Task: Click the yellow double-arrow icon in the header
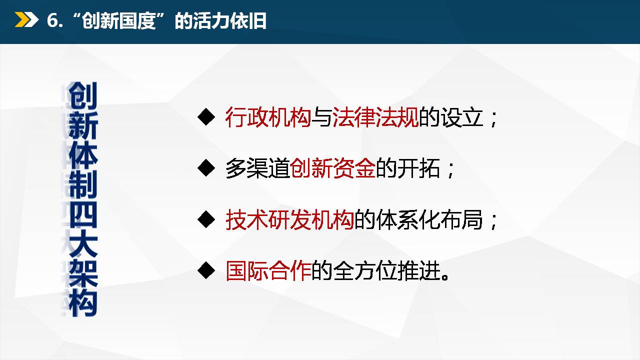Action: [26, 19]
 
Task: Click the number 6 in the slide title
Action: [52, 20]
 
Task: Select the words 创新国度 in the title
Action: [119, 21]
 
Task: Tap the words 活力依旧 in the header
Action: [229, 21]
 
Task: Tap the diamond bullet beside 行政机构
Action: [206, 116]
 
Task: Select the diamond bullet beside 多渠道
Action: [206, 168]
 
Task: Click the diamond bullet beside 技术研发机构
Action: [206, 219]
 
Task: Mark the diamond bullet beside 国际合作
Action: [206, 270]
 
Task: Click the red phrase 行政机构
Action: [268, 117]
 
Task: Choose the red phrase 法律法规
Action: [375, 117]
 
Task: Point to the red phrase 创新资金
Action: [332, 168]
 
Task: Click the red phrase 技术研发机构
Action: [289, 219]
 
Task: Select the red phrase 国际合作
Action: [268, 271]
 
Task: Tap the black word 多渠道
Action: [257, 168]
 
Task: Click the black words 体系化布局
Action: [429, 219]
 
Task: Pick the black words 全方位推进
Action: [386, 271]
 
